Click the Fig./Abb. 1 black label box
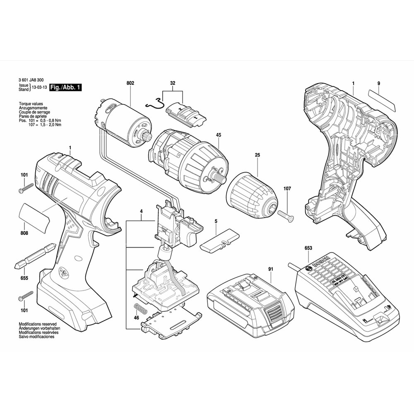65,88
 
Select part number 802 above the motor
130,83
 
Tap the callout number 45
218,135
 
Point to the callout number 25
257,155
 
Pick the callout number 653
308,248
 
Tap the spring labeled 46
141,309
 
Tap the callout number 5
216,221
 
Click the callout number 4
141,212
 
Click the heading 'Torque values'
31,104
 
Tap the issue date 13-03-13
38,88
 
